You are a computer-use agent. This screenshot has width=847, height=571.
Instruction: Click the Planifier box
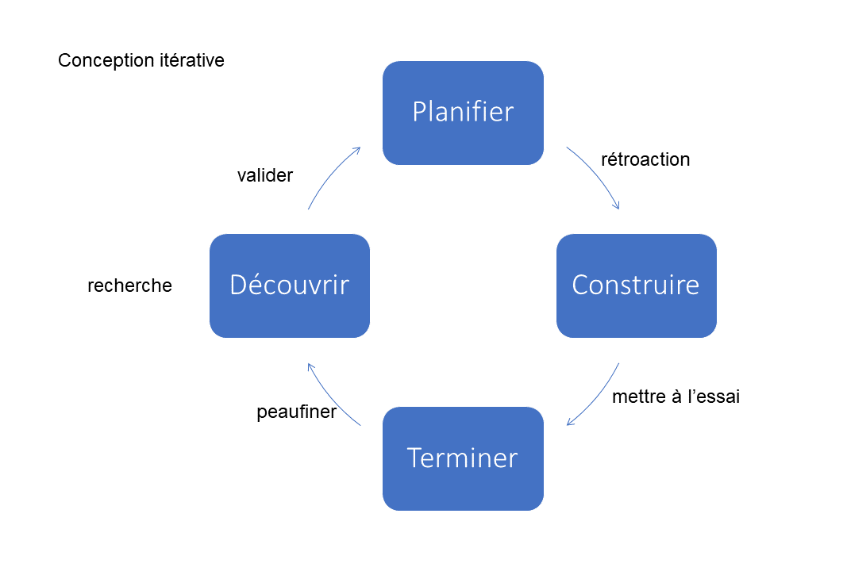tap(463, 113)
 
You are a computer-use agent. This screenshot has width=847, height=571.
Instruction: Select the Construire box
tap(636, 285)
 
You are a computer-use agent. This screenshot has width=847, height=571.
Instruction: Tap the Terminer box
tap(463, 458)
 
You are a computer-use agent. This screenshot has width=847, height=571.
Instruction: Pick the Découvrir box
tap(290, 285)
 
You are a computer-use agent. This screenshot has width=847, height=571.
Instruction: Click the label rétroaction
tap(645, 159)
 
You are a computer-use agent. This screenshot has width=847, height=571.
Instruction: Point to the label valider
tap(265, 175)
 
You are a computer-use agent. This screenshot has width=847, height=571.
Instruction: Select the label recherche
tap(129, 285)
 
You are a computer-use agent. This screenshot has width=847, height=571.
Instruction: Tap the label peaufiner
tap(297, 412)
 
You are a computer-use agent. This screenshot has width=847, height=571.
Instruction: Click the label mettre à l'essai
tap(676, 397)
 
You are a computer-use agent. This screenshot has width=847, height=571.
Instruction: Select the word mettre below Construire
tap(638, 397)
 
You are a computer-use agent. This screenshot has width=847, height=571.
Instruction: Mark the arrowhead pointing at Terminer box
tap(569, 423)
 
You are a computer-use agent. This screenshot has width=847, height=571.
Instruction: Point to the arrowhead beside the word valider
tap(358, 149)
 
